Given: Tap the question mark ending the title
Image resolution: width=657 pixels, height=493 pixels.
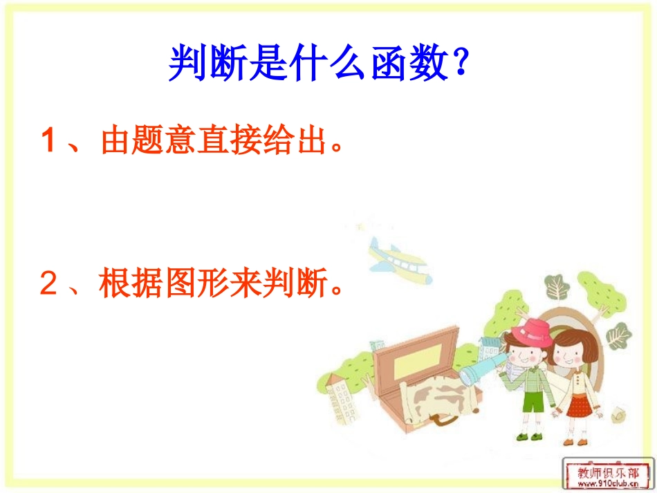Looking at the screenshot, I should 457,64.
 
